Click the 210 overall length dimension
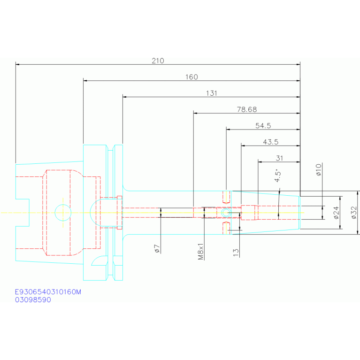tap(158, 61)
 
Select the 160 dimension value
tap(191, 77)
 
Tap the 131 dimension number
tap(212, 93)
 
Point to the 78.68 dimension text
tap(247, 109)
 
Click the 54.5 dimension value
tap(263, 126)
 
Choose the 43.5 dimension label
tap(271, 142)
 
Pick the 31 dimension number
tap(279, 158)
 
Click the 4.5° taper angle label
tap(278, 176)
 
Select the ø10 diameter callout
tap(318, 169)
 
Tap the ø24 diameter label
tap(336, 213)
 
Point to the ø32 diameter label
tap(354, 213)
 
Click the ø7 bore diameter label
tap(157, 249)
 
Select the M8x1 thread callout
tap(201, 252)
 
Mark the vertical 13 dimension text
tap(236, 253)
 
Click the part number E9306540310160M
tap(48, 292)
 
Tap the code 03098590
tap(33, 299)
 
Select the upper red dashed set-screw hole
tap(226, 197)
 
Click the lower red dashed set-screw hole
tap(226, 228)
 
